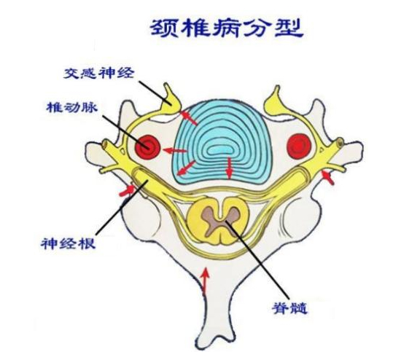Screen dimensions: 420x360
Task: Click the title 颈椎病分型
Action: point(226,28)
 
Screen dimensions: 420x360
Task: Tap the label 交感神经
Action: point(98,73)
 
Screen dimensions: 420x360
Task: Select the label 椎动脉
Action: point(71,108)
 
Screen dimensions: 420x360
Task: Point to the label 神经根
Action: point(69,243)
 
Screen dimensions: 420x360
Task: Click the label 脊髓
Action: point(289,308)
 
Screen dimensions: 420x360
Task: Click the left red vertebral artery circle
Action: point(147,147)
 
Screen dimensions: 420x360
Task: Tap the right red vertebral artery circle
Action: point(299,146)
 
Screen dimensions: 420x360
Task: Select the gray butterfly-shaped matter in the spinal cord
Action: point(220,217)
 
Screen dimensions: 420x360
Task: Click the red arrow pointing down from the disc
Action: point(229,168)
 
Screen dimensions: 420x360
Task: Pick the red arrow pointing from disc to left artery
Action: point(175,151)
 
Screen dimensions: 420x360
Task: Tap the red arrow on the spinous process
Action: point(205,281)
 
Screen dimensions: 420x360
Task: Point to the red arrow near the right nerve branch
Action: point(328,178)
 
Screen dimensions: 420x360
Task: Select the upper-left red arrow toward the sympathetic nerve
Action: point(189,118)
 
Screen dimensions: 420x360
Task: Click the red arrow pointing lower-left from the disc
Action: point(186,168)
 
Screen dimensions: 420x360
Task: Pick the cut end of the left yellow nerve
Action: point(104,144)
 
